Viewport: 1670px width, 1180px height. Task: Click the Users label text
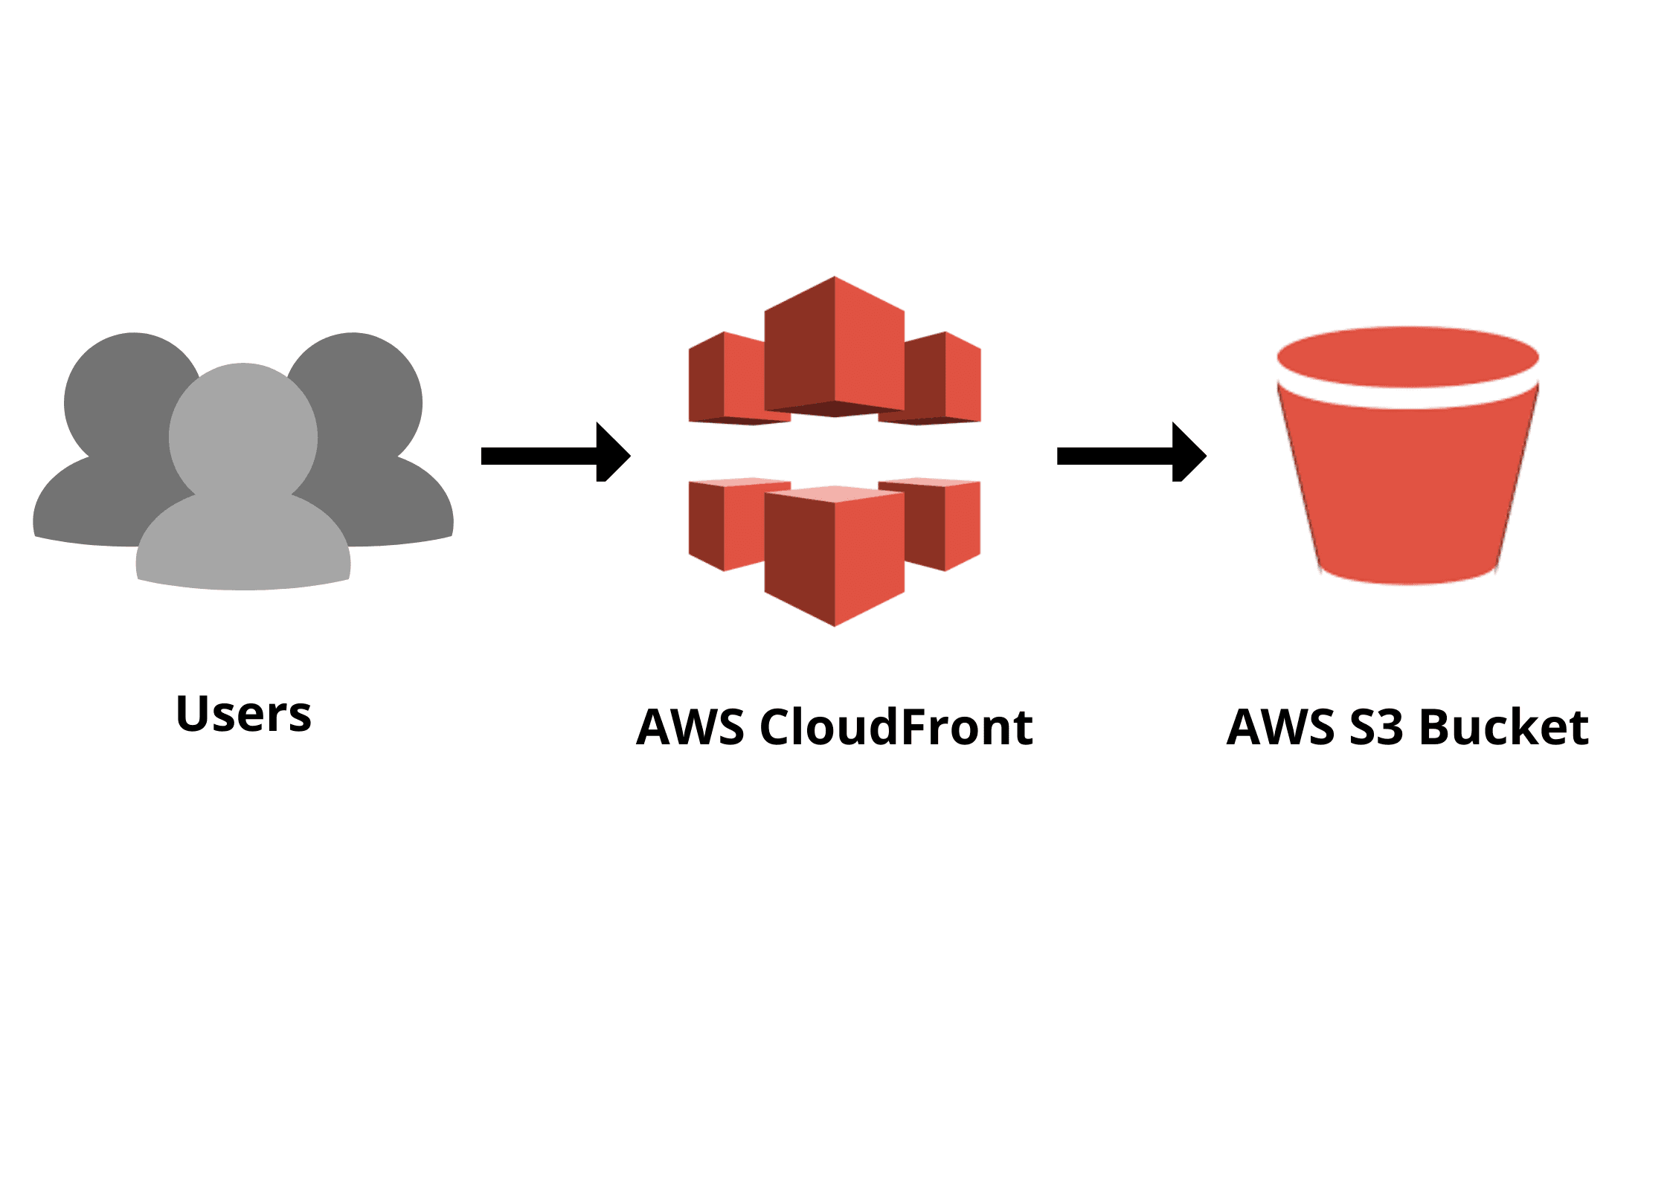click(x=243, y=714)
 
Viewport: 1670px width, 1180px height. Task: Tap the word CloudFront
click(x=896, y=727)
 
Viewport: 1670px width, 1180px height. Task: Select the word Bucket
click(x=1503, y=727)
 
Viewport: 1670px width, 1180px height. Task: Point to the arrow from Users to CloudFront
click(x=555, y=455)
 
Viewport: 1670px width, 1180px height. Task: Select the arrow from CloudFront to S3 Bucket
click(x=1131, y=455)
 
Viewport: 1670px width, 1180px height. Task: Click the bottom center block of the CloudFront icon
click(x=835, y=558)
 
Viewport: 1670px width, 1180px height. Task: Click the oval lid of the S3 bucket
click(x=1407, y=357)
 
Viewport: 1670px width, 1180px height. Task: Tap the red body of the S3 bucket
click(x=1407, y=491)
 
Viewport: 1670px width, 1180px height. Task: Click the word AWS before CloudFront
click(x=690, y=727)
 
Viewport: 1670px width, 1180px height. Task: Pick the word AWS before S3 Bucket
click(x=1280, y=727)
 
